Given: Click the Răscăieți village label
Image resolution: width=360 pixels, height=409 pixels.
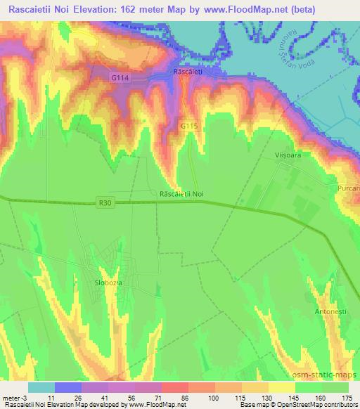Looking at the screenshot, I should (x=188, y=72).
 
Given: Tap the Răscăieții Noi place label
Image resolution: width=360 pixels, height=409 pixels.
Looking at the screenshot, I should (x=181, y=193).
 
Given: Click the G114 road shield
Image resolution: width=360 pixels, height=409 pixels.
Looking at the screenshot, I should (x=120, y=78).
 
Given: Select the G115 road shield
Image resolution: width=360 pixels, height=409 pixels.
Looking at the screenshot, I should (x=187, y=126).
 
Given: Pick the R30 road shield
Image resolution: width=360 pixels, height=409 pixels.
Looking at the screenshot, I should (x=105, y=203).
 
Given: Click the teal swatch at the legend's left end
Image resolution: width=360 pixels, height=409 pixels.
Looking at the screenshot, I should (x=41, y=387).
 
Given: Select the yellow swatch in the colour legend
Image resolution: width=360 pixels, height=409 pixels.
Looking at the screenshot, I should (x=282, y=387).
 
